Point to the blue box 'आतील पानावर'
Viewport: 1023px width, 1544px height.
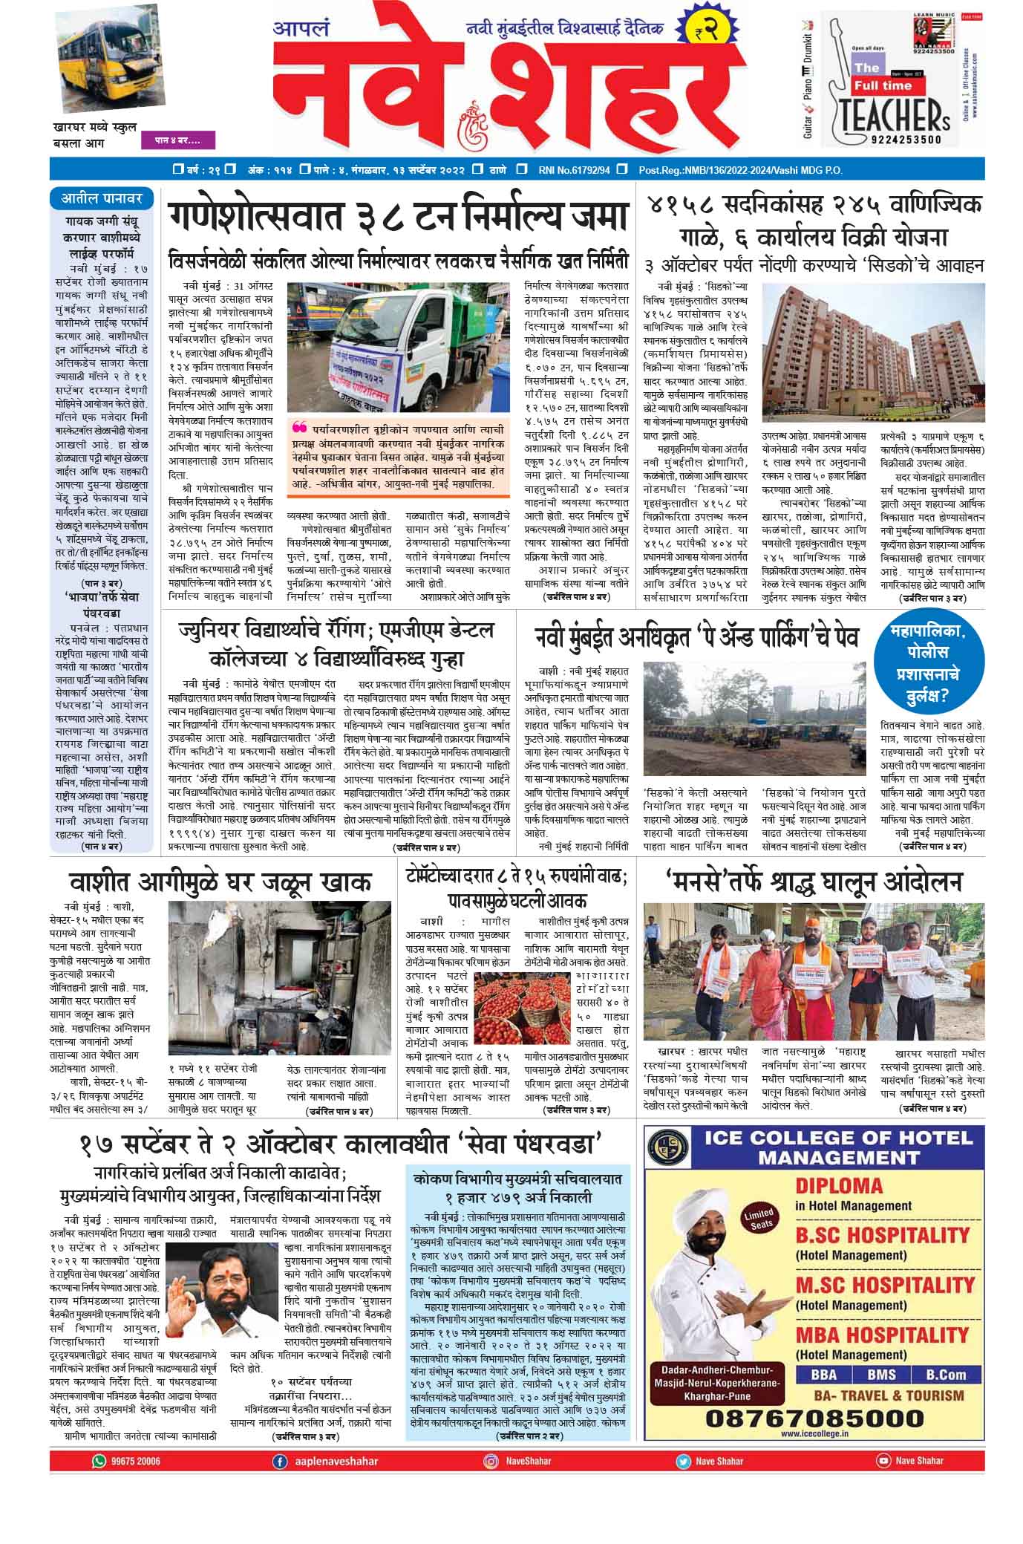pyautogui.click(x=102, y=199)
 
